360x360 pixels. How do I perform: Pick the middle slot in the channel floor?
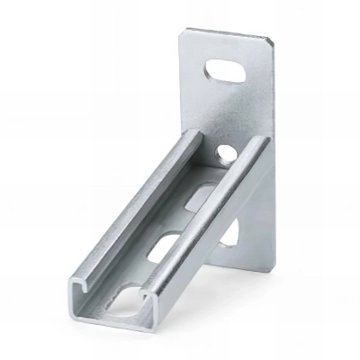pyautogui.click(x=166, y=247)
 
